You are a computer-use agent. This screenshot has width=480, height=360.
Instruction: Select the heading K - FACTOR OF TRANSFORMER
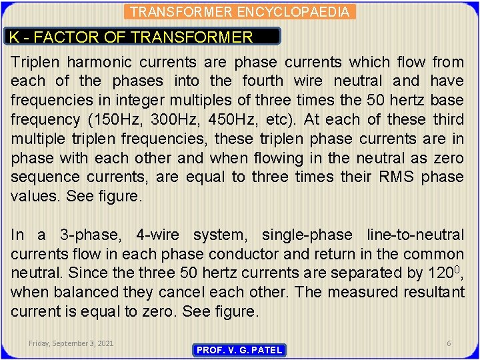point(132,37)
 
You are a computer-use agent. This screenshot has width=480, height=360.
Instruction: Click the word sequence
point(42,177)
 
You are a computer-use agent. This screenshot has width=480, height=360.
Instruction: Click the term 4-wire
point(157,235)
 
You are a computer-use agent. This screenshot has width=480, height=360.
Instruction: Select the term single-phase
point(307,235)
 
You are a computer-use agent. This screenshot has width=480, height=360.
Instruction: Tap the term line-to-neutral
point(415,235)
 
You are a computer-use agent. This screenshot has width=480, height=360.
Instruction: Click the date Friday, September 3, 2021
point(71,343)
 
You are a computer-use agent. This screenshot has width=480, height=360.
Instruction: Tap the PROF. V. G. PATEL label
point(239,350)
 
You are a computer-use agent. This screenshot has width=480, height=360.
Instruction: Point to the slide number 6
point(449,343)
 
